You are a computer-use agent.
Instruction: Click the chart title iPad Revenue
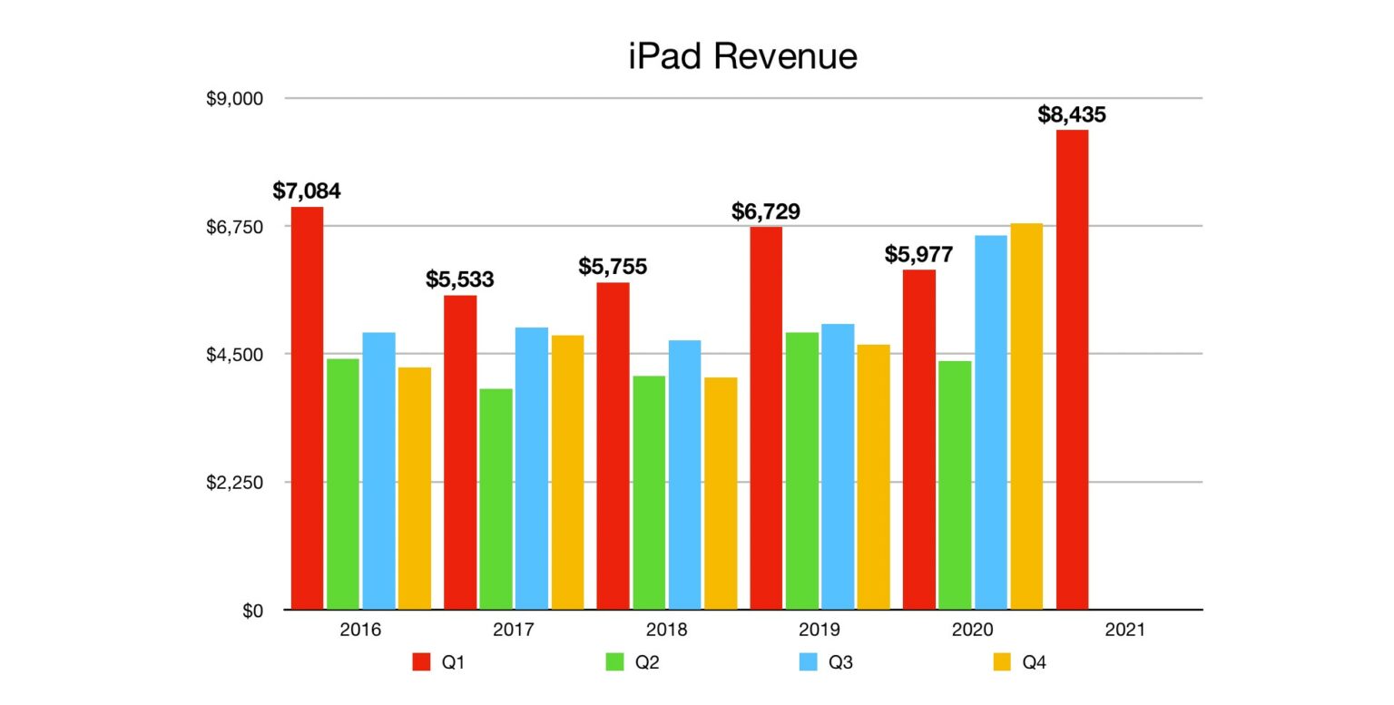[x=742, y=56]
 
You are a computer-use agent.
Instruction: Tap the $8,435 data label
[x=1072, y=115]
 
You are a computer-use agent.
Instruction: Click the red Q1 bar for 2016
[x=307, y=408]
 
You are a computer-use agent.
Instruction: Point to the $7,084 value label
[x=307, y=191]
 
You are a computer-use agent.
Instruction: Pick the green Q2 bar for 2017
[x=496, y=499]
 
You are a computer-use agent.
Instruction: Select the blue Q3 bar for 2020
[x=991, y=422]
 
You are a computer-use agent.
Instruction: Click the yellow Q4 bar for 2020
[x=1026, y=416]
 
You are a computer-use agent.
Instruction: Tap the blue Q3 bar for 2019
[x=838, y=466]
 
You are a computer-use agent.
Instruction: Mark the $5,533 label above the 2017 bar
[x=460, y=279]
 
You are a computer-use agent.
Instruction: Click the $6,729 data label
[x=766, y=212]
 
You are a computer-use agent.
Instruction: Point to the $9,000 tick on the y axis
[x=234, y=99]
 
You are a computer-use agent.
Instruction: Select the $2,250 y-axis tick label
[x=234, y=483]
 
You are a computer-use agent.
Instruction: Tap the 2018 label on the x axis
[x=666, y=630]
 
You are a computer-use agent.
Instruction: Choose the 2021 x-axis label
[x=1125, y=630]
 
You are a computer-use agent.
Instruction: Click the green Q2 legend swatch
[x=614, y=662]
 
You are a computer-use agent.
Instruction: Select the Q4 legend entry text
[x=1034, y=662]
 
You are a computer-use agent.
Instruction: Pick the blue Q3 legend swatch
[x=808, y=662]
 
